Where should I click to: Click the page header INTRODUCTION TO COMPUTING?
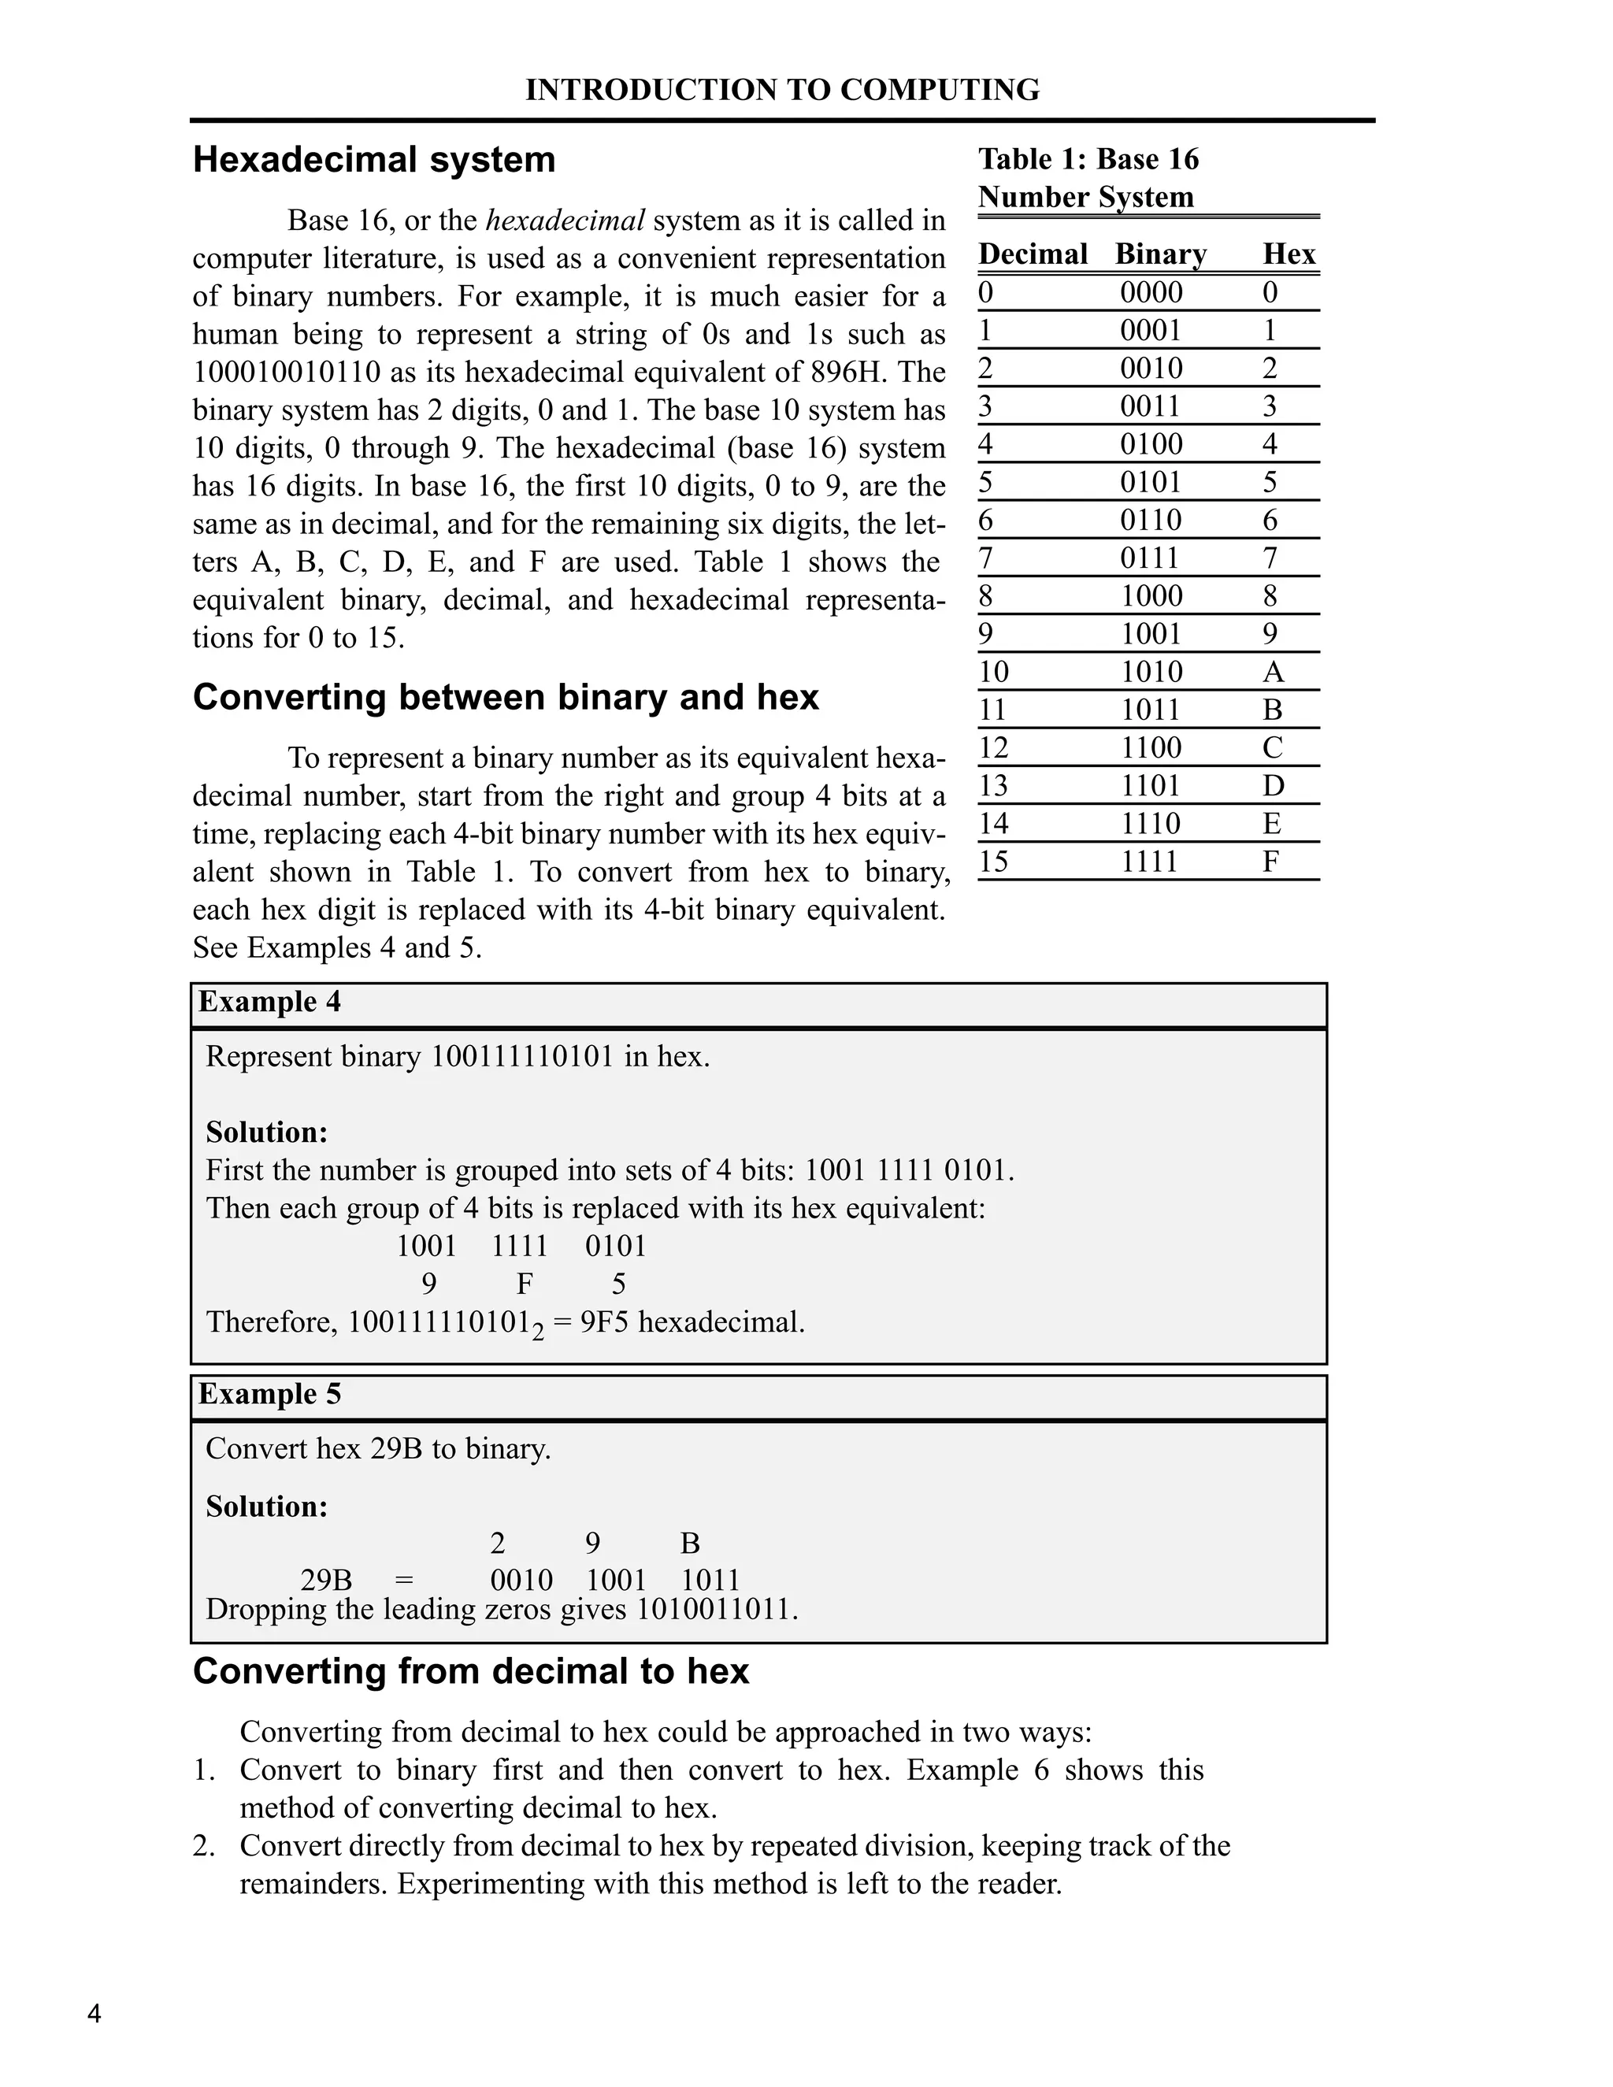click(x=781, y=90)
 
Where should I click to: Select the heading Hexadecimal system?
click(x=373, y=160)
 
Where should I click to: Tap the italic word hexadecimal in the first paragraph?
click(x=565, y=221)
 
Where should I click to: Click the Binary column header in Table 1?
click(x=1160, y=254)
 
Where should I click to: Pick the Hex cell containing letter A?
click(x=1272, y=673)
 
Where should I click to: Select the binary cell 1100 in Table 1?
click(x=1151, y=748)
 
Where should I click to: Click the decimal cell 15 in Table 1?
click(x=993, y=862)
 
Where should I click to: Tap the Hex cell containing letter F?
click(x=1270, y=862)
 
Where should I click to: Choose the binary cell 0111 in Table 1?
click(x=1151, y=559)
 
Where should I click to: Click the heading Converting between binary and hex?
click(x=506, y=698)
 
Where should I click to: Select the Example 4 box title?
click(x=269, y=1003)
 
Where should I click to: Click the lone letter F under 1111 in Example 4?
click(x=524, y=1284)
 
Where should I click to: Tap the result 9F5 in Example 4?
click(x=605, y=1322)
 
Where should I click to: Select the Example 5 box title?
click(x=269, y=1394)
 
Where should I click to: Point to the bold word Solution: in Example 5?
click(x=267, y=1507)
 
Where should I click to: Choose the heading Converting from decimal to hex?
click(x=471, y=1671)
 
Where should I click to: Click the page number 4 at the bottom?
click(x=94, y=2015)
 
